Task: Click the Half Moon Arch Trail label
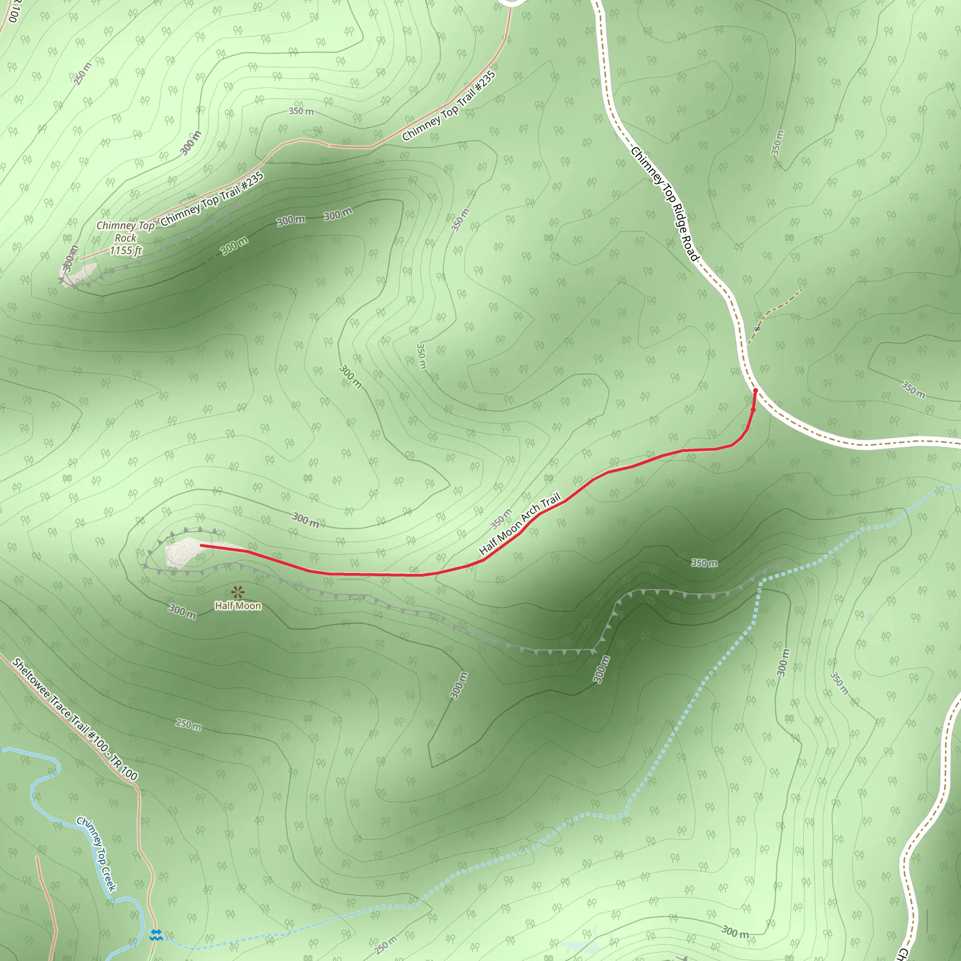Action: (x=520, y=524)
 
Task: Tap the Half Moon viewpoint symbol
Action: (x=238, y=592)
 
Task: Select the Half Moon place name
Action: (x=238, y=606)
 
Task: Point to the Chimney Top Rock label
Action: (x=125, y=232)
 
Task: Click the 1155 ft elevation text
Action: (x=126, y=251)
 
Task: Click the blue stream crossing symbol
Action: (x=156, y=935)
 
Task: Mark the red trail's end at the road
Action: (x=755, y=391)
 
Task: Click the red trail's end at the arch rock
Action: (x=201, y=545)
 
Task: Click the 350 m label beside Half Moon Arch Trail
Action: (x=501, y=519)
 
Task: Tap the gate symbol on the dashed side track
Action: (x=757, y=328)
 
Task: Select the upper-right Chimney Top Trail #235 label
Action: (x=449, y=106)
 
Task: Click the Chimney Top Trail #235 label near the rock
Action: (x=212, y=199)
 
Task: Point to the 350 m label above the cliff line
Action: (x=704, y=563)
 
